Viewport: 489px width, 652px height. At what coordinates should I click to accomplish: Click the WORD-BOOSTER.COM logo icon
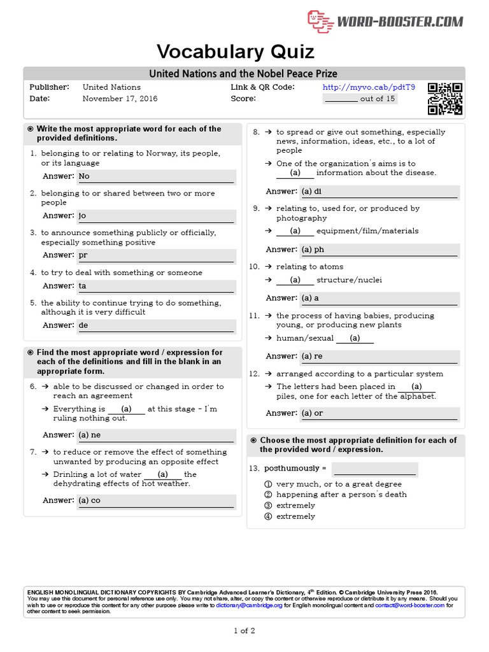[x=321, y=22]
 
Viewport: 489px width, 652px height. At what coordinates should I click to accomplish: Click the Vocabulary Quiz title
[x=236, y=52]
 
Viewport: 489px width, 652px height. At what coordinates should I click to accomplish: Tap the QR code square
[x=445, y=99]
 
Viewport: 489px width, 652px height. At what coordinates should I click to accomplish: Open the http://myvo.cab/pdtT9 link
[x=369, y=87]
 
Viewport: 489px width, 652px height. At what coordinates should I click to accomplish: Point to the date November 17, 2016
[x=120, y=99]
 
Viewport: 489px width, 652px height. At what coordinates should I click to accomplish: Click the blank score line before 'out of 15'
[x=341, y=99]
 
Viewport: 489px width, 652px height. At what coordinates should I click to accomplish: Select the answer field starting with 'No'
[x=156, y=176]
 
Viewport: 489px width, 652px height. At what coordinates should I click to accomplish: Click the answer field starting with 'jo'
[x=156, y=216]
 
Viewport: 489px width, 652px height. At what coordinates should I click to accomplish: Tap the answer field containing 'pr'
[x=156, y=255]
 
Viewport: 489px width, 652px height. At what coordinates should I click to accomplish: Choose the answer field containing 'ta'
[x=156, y=286]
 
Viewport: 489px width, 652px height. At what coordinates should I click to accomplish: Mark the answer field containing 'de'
[x=156, y=325]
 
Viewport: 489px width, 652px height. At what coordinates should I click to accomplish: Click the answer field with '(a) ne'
[x=156, y=435]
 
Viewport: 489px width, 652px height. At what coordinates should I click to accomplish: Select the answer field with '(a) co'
[x=156, y=500]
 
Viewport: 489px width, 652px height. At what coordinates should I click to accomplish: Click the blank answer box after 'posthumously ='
[x=374, y=469]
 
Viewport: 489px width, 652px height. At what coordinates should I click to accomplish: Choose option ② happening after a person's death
[x=341, y=494]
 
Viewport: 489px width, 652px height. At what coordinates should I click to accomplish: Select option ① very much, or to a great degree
[x=339, y=484]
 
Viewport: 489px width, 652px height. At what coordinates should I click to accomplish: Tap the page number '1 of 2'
[x=244, y=631]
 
